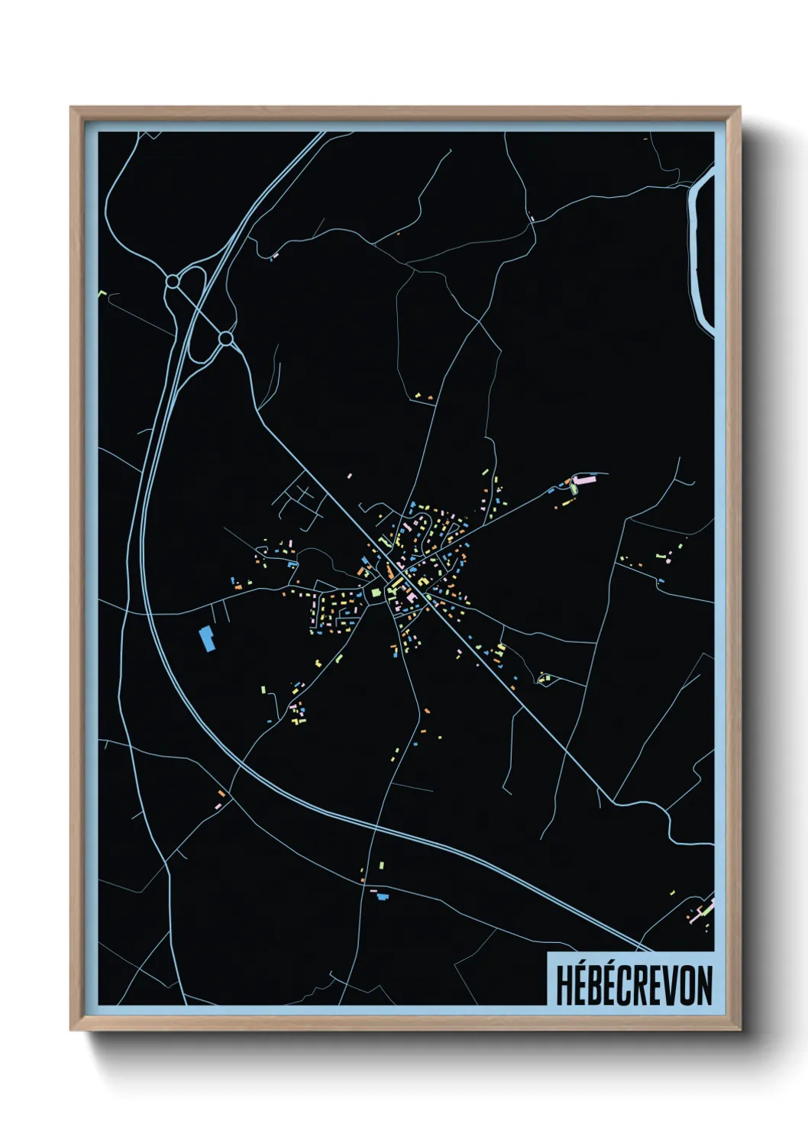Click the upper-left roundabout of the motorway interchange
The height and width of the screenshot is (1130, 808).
[x=173, y=282]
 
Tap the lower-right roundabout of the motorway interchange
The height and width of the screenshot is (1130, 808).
[x=225, y=337]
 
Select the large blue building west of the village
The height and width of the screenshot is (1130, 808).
[x=206, y=638]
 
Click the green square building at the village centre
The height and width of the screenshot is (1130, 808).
[x=375, y=591]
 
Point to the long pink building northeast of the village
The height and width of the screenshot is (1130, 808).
[x=584, y=480]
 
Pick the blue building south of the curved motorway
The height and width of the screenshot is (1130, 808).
[x=383, y=896]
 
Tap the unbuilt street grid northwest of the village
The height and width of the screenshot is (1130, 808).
[x=299, y=503]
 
